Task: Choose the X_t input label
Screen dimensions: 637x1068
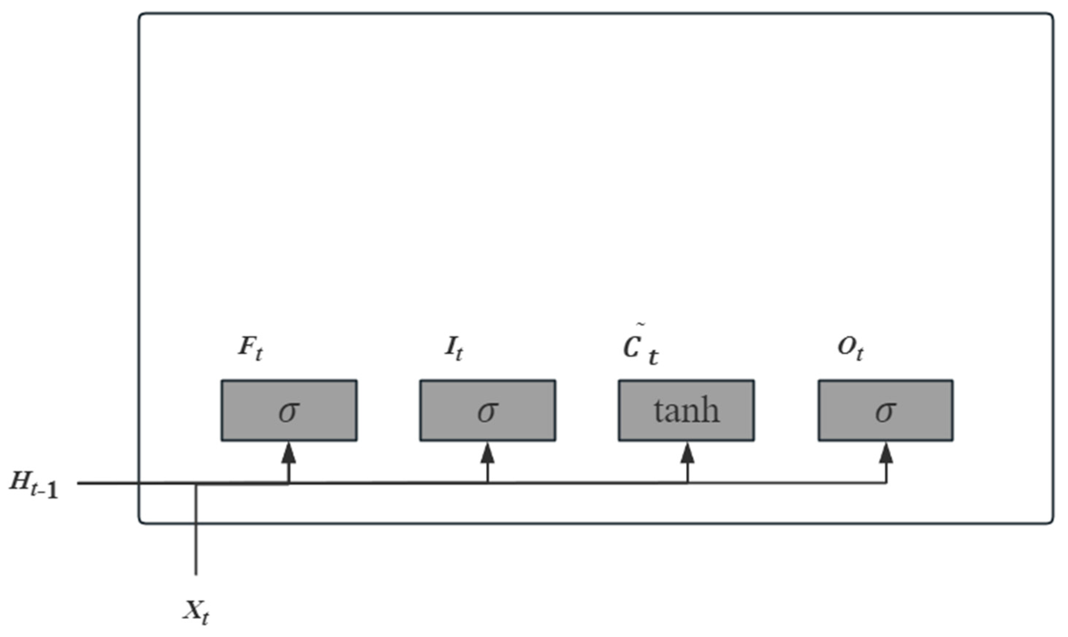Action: point(197,611)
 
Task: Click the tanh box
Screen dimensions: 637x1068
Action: point(686,410)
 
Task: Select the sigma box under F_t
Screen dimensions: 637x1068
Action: point(289,410)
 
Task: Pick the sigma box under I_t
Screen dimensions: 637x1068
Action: point(487,410)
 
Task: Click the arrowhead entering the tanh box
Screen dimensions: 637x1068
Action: point(687,453)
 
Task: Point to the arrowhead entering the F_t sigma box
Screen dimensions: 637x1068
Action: point(289,453)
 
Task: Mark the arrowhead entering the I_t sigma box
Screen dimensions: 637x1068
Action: point(487,453)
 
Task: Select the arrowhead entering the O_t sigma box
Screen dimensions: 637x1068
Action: point(886,453)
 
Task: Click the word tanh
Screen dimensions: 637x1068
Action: point(686,411)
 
